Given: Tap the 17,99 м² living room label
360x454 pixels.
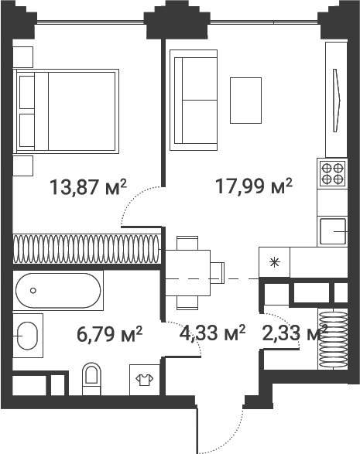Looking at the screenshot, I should click(x=253, y=186).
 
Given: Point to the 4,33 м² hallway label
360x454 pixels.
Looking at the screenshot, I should click(x=212, y=334).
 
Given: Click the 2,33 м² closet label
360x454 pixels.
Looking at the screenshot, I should click(x=294, y=334).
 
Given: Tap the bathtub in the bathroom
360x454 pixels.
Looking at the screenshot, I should click(x=58, y=290).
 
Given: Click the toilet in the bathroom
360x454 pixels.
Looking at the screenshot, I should click(x=92, y=377).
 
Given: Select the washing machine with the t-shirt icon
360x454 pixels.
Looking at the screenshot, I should click(x=143, y=379).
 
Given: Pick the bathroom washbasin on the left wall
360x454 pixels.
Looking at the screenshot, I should click(x=28, y=336).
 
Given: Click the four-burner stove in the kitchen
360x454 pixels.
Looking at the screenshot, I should click(x=333, y=172).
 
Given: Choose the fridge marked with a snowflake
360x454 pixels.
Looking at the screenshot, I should click(x=273, y=261).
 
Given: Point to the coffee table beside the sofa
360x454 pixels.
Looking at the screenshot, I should click(x=247, y=99).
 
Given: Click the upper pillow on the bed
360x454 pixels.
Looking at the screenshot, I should click(x=28, y=92).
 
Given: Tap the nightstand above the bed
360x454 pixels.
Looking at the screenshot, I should click(x=22, y=56).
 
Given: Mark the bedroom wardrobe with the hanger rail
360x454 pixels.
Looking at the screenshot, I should click(x=86, y=248).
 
